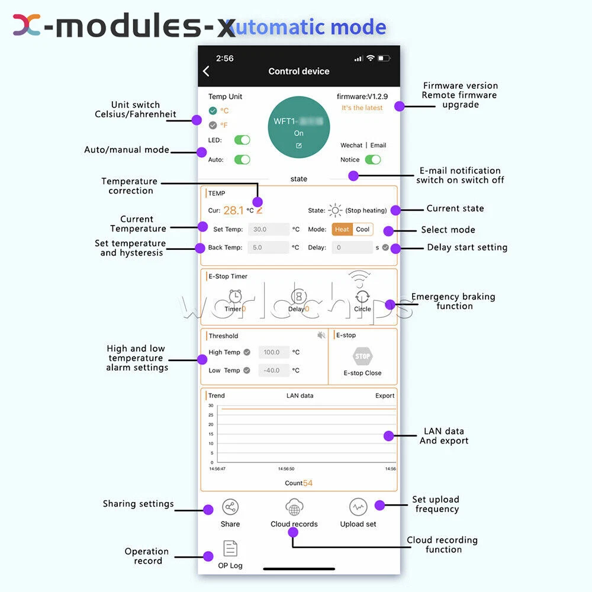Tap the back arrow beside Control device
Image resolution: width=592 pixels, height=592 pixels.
[206, 71]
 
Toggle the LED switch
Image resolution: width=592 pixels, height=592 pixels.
[242, 140]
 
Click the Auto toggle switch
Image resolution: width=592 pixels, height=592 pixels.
[242, 159]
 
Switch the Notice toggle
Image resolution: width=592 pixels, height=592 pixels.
[372, 159]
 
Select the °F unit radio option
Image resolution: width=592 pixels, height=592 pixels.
[213, 125]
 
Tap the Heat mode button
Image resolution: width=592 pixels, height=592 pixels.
[342, 229]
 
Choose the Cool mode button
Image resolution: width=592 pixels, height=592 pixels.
[363, 229]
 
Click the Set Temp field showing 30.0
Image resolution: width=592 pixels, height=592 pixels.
[268, 229]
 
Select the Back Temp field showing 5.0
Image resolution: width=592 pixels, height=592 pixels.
[268, 247]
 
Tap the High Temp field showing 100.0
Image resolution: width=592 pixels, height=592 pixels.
[274, 352]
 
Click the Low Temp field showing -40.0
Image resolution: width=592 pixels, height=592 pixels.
[274, 371]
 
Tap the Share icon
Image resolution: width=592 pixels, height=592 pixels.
[230, 507]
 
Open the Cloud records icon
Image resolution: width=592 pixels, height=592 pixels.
[294, 507]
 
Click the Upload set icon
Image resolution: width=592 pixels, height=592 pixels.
[358, 507]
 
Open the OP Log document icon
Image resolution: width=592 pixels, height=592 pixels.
[230, 549]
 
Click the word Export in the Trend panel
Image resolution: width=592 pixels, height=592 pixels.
[385, 395]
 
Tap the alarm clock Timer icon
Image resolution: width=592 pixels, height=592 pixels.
[236, 295]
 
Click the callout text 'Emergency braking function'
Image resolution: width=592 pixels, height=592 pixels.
[453, 301]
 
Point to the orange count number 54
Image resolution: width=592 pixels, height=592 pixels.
[308, 483]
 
